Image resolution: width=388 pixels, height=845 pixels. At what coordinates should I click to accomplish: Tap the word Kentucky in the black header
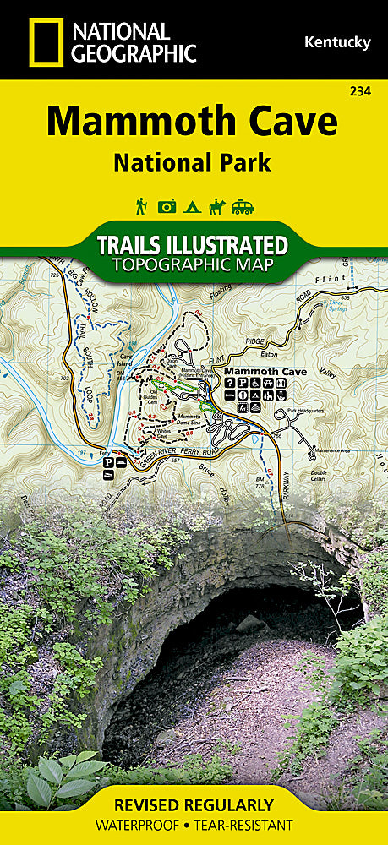click(x=336, y=42)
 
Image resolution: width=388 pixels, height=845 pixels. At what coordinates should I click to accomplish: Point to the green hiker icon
click(x=141, y=206)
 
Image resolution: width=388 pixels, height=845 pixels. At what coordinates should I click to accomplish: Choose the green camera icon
click(x=167, y=206)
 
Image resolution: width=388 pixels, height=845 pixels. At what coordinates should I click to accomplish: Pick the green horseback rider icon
click(x=217, y=206)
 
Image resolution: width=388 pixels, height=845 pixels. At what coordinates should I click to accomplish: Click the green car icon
click(x=243, y=206)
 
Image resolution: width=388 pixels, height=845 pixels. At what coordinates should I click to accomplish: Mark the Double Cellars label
click(x=318, y=474)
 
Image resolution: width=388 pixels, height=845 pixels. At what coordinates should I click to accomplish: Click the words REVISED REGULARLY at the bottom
click(x=194, y=804)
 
